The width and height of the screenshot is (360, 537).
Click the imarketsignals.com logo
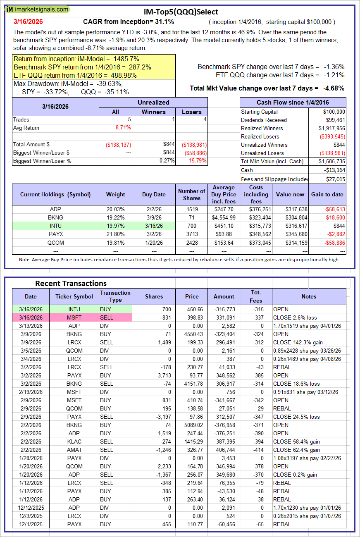tap(38, 9)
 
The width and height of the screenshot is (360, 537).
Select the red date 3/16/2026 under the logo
tap(28, 21)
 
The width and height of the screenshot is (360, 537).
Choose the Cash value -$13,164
tap(334, 170)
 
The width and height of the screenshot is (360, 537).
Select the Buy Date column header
tap(154, 194)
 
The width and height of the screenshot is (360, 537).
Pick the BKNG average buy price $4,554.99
tap(223, 217)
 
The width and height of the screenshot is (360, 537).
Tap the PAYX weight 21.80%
tap(115, 234)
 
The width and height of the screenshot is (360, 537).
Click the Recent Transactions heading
tap(71, 283)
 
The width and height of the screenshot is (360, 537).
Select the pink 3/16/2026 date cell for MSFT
tap(31, 317)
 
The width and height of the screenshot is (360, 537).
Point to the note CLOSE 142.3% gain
tap(298, 342)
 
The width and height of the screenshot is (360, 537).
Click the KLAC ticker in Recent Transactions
tap(74, 442)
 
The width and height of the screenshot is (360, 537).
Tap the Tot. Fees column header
tap(257, 296)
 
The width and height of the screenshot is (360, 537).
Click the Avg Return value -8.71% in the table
tap(122, 128)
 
